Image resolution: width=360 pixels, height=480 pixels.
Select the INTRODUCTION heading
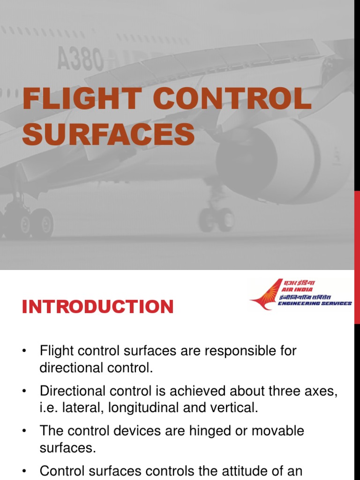click(97, 307)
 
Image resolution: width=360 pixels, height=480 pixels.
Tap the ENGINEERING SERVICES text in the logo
click(315, 304)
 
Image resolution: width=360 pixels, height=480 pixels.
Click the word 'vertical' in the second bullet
click(234, 408)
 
